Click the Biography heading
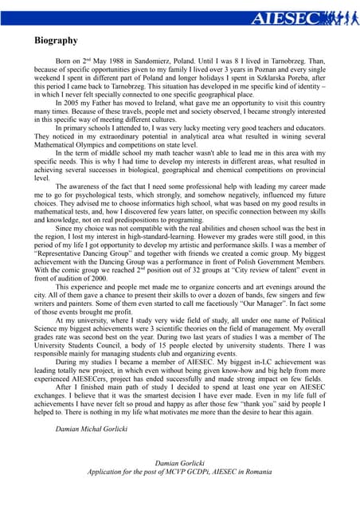pyautogui.click(x=56, y=40)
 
